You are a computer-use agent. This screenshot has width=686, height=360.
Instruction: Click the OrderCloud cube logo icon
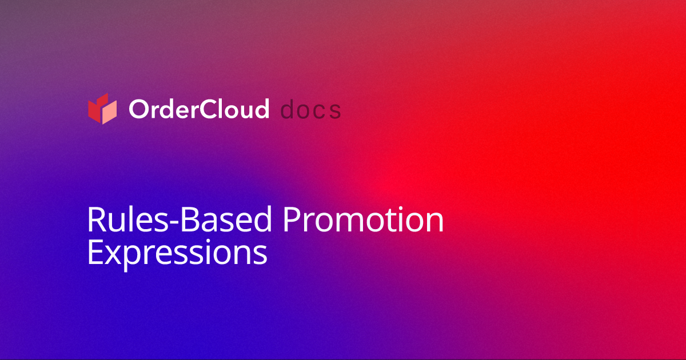[x=102, y=109]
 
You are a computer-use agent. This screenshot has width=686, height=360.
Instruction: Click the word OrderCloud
[x=198, y=109]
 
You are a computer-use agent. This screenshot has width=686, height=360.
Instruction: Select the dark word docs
[x=312, y=109]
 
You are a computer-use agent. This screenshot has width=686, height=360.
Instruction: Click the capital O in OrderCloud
[x=138, y=109]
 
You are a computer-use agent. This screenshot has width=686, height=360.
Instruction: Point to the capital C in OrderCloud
[x=212, y=109]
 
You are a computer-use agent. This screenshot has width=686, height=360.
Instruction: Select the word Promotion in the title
[x=364, y=220]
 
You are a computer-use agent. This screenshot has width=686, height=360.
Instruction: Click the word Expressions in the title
[x=177, y=252]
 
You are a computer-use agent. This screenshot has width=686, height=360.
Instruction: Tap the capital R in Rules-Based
[x=96, y=220]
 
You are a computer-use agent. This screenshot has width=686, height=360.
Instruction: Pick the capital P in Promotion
[x=293, y=220]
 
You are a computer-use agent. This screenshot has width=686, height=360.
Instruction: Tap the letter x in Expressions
[x=113, y=255]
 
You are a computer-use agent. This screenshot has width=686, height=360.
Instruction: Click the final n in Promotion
[x=434, y=223]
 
